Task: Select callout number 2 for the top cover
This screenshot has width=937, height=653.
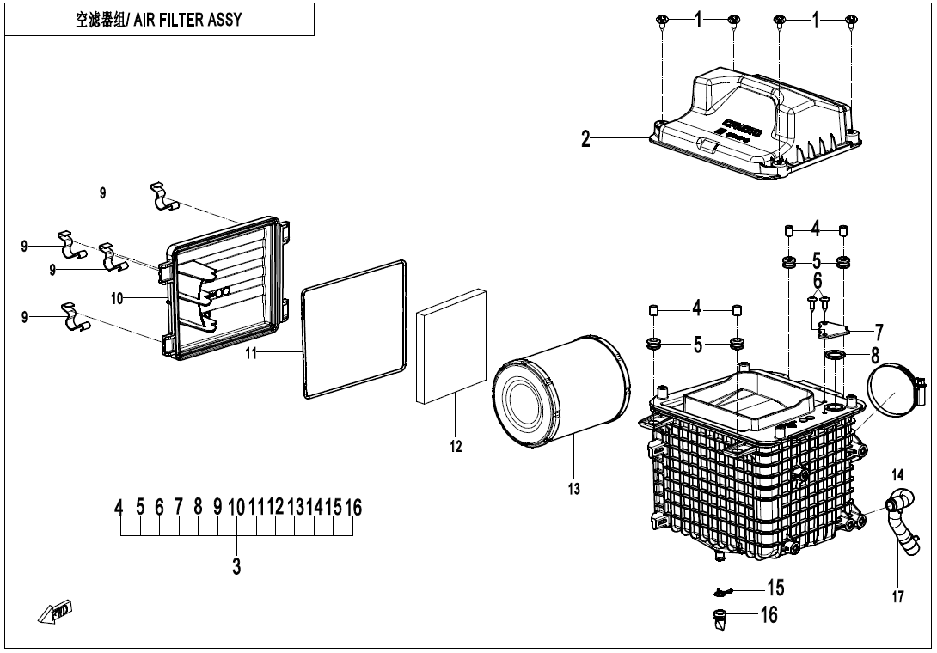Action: [x=585, y=139]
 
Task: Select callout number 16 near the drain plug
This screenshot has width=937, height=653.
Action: [x=770, y=615]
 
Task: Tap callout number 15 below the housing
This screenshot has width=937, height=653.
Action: [x=775, y=589]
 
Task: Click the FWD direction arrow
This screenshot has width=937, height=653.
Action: [x=55, y=613]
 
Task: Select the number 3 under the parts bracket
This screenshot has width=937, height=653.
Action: [x=236, y=566]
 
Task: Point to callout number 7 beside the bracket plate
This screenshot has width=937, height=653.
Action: [x=878, y=332]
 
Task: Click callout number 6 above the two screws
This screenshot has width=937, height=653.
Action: [x=818, y=280]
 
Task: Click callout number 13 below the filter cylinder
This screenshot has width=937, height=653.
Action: [x=573, y=489]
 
